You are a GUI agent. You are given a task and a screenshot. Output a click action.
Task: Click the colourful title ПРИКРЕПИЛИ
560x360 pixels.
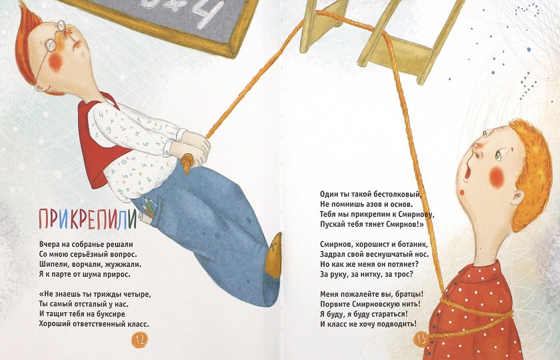87,219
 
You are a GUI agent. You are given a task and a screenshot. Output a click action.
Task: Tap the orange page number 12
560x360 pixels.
139,339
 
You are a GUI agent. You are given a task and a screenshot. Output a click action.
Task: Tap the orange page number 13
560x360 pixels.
421,339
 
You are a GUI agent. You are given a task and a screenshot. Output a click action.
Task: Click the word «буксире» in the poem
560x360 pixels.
111,314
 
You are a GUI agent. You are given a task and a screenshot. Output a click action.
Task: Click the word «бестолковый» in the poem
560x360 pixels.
397,195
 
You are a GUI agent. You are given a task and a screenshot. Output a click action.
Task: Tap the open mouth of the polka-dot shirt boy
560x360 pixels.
467,172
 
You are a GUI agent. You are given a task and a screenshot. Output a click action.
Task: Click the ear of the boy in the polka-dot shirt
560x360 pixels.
517,197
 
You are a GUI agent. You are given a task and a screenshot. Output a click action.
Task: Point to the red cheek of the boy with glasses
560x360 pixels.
55,63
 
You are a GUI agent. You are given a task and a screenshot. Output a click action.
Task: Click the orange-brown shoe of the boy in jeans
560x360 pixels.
273,255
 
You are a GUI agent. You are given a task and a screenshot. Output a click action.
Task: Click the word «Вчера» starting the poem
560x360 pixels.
49,245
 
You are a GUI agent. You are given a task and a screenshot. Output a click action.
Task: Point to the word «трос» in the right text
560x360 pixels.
403,275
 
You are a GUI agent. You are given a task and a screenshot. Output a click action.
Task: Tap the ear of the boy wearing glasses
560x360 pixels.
41,87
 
